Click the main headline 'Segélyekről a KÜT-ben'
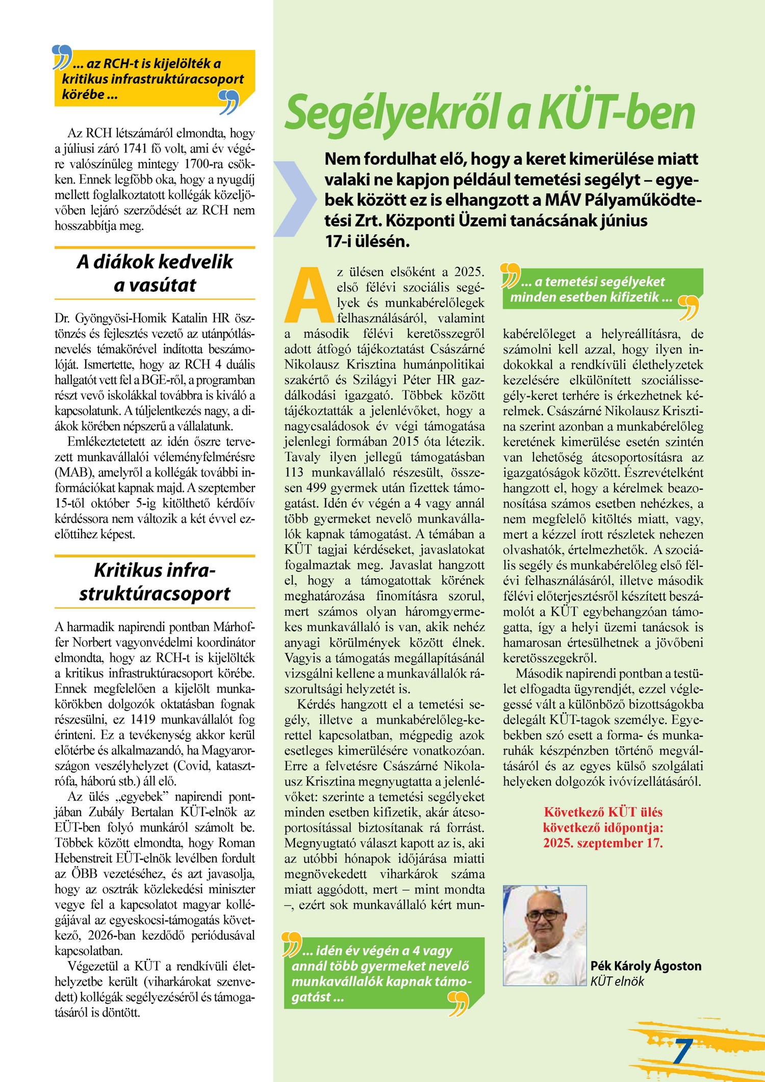click(x=490, y=113)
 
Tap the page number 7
click(x=682, y=1051)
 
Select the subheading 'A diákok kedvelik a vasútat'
click(x=155, y=273)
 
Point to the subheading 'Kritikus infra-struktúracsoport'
click(x=155, y=582)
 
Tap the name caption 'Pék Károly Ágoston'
click(x=646, y=965)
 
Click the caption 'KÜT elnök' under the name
click(x=617, y=981)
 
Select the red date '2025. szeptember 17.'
click(x=603, y=843)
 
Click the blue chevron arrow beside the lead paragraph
click(x=295, y=199)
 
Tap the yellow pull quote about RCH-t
click(x=153, y=79)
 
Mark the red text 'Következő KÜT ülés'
click(x=603, y=812)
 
